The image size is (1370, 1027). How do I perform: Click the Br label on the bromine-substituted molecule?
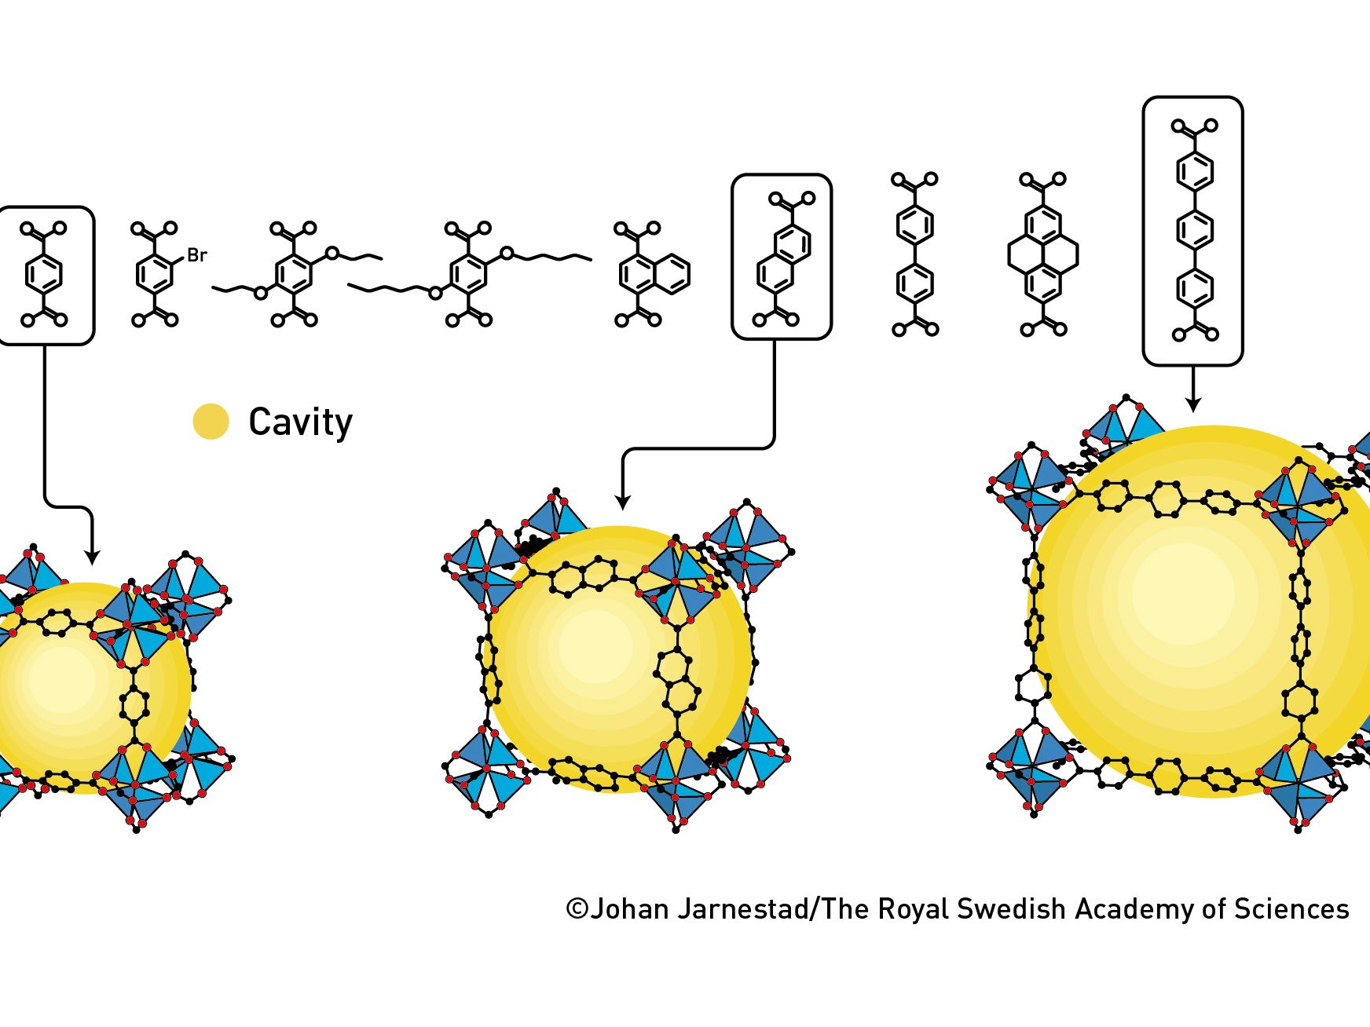tap(196, 255)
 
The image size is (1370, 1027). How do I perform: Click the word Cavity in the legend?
tap(301, 422)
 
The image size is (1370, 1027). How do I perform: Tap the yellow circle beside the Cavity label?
tap(211, 422)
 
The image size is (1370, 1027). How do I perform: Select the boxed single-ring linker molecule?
tap(44, 275)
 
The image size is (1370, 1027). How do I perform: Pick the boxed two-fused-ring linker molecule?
tap(783, 259)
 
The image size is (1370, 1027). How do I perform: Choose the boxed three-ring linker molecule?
tap(1194, 230)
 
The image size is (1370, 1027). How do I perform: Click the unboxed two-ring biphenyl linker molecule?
tap(915, 254)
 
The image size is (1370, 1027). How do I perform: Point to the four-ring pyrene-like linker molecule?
tap(1042, 254)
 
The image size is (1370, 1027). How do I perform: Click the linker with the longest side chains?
tap(469, 275)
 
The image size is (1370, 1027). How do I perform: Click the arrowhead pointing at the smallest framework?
tap(92, 557)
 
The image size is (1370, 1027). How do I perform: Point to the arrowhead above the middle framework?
tap(622, 503)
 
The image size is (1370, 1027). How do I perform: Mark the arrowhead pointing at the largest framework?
tap(1193, 404)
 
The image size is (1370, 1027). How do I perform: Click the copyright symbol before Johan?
tap(577, 909)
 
